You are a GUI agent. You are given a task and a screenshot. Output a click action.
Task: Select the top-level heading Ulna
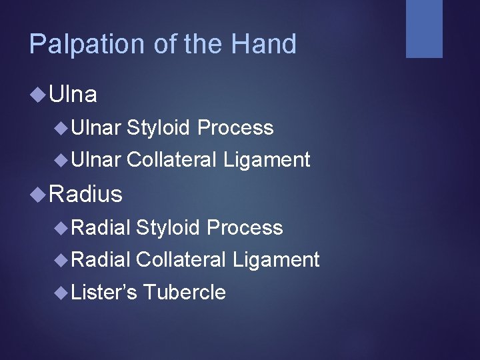pyautogui.click(x=73, y=95)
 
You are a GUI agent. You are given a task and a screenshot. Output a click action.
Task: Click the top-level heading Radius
pyautogui.click(x=86, y=194)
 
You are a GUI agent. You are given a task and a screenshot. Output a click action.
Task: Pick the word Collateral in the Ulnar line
pyautogui.click(x=171, y=160)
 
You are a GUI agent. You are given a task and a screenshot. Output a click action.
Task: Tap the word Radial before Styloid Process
pyautogui.click(x=99, y=227)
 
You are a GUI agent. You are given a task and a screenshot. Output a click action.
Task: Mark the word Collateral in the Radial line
pyautogui.click(x=181, y=259)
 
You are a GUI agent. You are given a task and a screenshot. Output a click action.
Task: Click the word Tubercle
pyautogui.click(x=184, y=292)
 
